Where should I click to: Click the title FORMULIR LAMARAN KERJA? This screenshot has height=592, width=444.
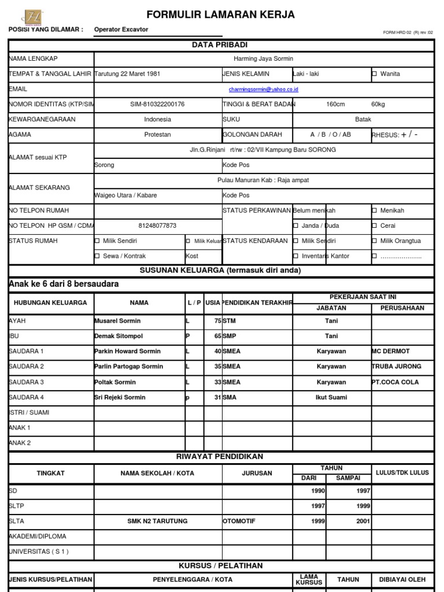point(220,14)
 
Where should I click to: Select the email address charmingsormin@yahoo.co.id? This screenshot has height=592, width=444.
point(263,90)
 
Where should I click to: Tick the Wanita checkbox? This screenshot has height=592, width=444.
point(375,74)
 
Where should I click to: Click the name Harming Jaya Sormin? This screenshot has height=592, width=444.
point(263,59)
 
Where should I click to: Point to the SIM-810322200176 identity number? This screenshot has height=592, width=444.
point(157,104)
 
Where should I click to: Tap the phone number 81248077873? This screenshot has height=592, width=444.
point(157,225)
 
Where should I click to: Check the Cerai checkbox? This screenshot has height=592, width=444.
point(375,226)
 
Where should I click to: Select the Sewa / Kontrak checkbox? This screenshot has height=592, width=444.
point(97,256)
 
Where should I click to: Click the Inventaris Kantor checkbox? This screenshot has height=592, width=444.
point(296,256)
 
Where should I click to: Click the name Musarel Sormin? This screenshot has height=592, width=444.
point(117,321)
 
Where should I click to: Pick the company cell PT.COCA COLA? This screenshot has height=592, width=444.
point(395,382)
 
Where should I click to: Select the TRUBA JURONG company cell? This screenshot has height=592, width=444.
point(396,367)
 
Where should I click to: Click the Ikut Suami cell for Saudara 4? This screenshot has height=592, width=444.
point(331,398)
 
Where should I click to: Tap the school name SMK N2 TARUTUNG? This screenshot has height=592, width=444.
point(157,521)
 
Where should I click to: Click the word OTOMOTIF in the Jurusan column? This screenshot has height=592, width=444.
point(239,521)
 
